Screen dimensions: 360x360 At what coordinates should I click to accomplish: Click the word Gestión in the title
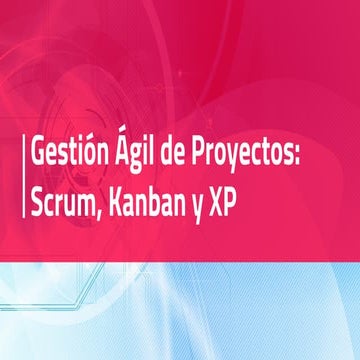click(x=64, y=157)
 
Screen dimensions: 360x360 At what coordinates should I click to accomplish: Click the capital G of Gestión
click(x=37, y=157)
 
